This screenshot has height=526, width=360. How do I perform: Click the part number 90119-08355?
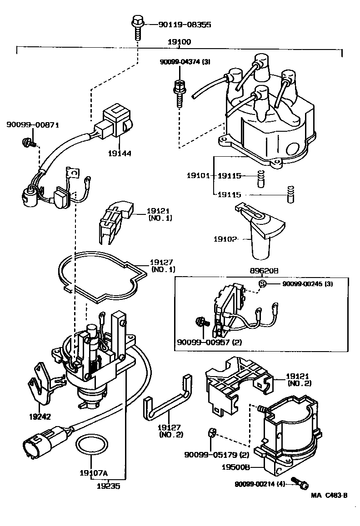point(178,25)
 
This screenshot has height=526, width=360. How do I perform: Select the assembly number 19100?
point(180,42)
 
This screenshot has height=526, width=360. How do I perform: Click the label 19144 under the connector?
point(120,154)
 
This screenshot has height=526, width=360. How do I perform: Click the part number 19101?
point(196,175)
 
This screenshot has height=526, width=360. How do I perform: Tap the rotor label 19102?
point(225,238)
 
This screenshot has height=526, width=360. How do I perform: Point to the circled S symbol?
point(262,284)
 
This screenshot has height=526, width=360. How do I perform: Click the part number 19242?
point(40,417)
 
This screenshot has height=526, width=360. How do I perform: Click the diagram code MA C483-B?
point(329,496)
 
